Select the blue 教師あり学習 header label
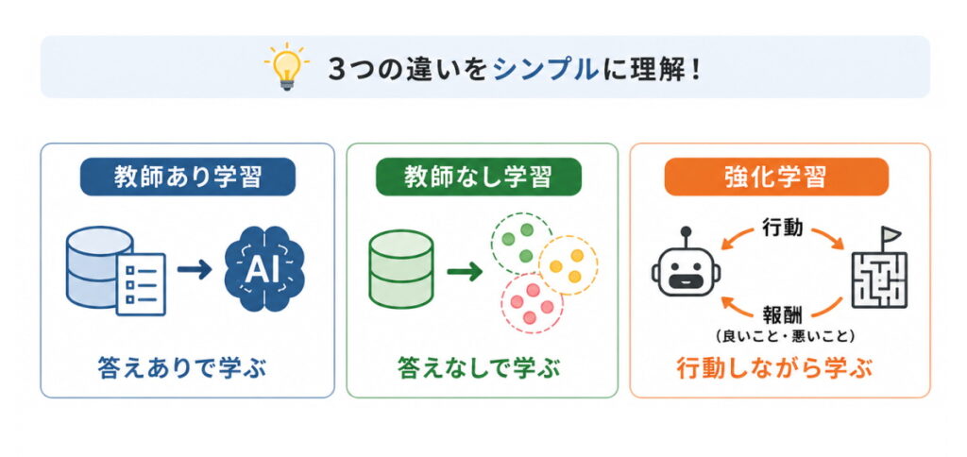(x=188, y=177)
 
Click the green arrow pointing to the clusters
(x=463, y=271)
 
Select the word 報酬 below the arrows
(x=781, y=313)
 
